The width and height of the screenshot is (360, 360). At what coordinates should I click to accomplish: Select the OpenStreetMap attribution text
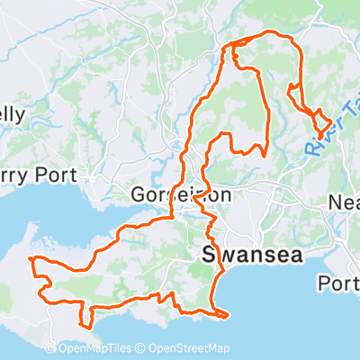pyautogui.click(x=189, y=349)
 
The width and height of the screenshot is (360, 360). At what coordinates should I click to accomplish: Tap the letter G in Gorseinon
pyautogui.click(x=139, y=194)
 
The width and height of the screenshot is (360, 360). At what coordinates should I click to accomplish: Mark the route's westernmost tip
pyautogui.click(x=31, y=259)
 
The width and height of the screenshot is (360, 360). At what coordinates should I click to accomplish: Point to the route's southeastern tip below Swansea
pyautogui.click(x=228, y=314)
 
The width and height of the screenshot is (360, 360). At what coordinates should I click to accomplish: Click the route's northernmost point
pyautogui.click(x=268, y=33)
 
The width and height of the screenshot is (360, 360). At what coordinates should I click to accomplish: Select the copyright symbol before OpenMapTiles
pyautogui.click(x=65, y=349)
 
